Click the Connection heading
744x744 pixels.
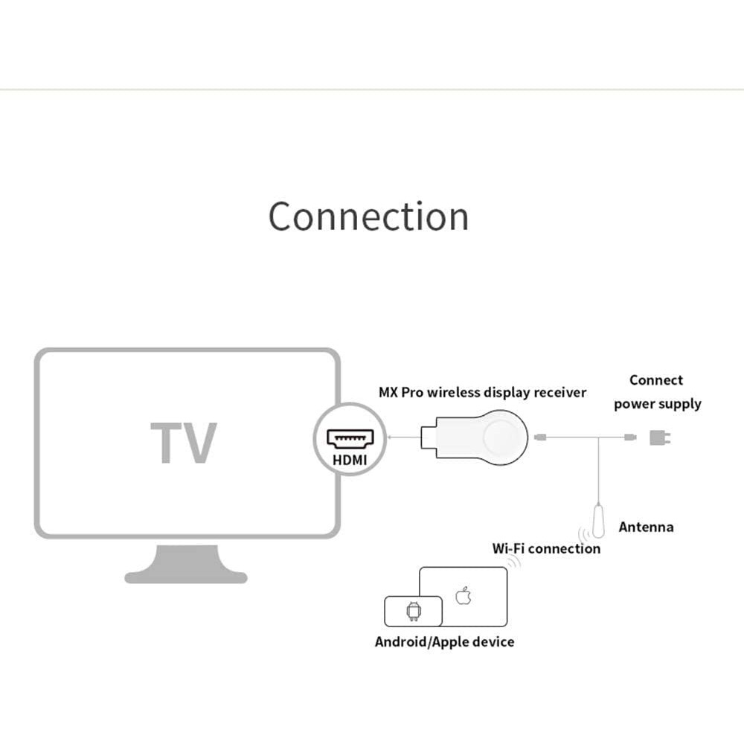click(369, 217)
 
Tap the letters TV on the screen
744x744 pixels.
click(184, 443)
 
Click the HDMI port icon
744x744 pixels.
click(350, 438)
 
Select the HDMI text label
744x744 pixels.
click(350, 460)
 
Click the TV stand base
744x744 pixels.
click(186, 564)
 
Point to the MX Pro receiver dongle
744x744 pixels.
click(474, 438)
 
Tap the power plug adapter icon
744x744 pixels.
click(659, 437)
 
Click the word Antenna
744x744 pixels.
click(646, 527)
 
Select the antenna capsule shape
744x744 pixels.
click(599, 522)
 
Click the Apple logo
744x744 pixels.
click(463, 596)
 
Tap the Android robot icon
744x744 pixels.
click(414, 611)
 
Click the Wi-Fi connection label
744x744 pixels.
click(546, 548)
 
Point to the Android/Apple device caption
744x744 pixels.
click(445, 642)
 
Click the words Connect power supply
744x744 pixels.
click(657, 392)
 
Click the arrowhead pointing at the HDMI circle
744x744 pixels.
click(390, 437)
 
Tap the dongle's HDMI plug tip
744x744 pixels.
click(428, 437)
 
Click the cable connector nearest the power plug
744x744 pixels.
click(630, 437)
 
